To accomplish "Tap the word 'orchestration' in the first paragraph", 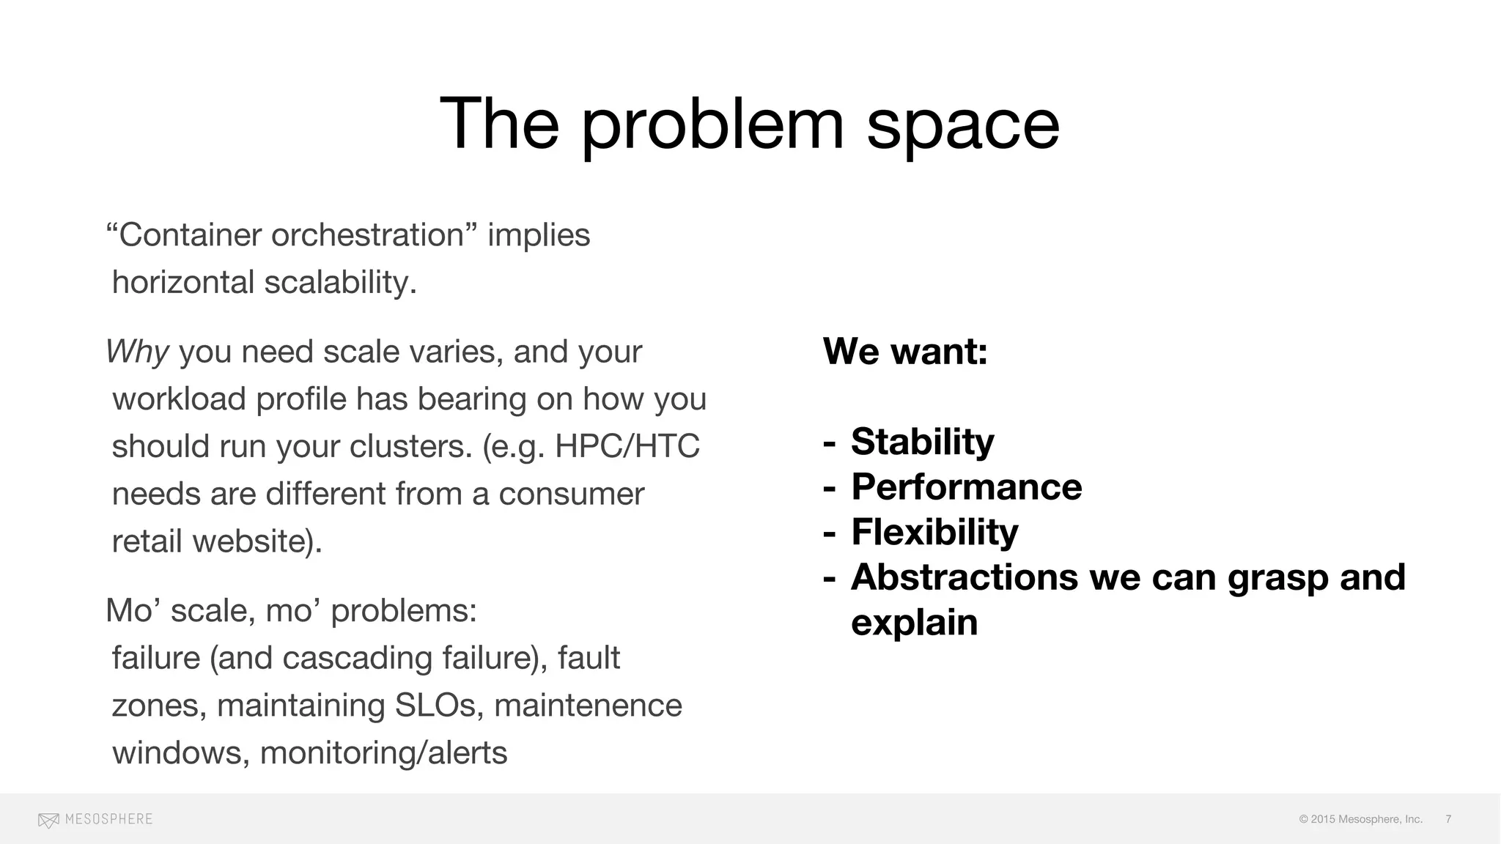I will tap(367, 235).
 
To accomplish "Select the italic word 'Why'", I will tap(138, 352).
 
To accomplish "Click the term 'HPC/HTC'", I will tap(627, 446).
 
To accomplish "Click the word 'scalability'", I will tap(340, 283).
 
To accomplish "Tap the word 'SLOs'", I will tap(435, 706).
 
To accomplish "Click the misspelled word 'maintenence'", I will tap(588, 706).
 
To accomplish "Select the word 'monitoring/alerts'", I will tap(383, 753).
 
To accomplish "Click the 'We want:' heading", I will tap(905, 351).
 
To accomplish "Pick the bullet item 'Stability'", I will tap(922, 442).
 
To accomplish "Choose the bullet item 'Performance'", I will tap(966, 487).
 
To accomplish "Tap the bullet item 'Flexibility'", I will tap(934, 533).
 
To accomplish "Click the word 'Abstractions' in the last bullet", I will tap(964, 577).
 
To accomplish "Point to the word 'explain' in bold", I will tap(914, 623).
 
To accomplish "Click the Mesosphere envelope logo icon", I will tap(48, 820).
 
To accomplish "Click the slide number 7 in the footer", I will tap(1448, 819).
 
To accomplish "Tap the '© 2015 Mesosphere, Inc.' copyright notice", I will tap(1360, 819).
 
